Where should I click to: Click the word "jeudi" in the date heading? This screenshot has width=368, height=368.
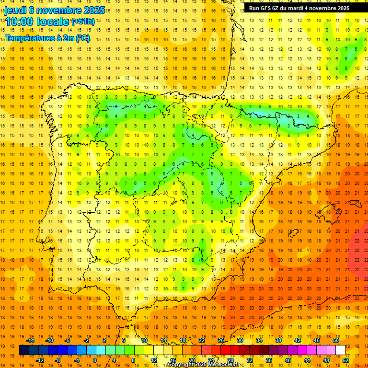click(x=15, y=10)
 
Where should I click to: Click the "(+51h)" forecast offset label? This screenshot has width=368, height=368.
click(x=82, y=22)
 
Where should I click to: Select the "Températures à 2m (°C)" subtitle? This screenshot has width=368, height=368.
click(x=47, y=38)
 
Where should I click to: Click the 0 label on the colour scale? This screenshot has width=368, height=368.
click(x=95, y=360)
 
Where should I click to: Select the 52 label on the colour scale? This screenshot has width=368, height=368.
click(x=346, y=360)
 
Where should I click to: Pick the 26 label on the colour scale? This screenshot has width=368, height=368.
click(x=221, y=340)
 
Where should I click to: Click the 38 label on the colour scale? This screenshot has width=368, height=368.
click(x=278, y=340)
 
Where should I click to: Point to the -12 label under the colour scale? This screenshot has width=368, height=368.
click(x=40, y=360)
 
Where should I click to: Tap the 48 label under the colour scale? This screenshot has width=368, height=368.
click(x=326, y=360)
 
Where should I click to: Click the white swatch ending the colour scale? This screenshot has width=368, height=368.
click(x=341, y=350)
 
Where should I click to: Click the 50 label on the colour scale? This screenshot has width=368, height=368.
click(x=336, y=340)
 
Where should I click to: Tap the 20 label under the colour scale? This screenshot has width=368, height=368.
click(x=192, y=360)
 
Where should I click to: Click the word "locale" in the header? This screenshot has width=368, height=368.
click(x=52, y=22)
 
